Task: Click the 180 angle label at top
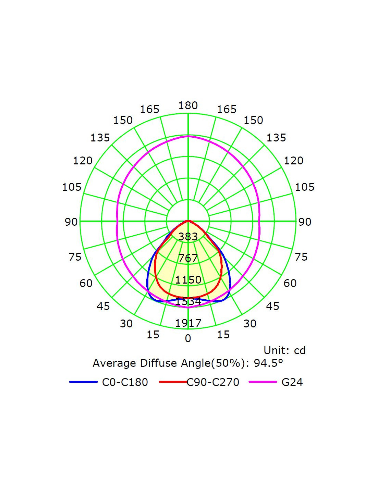188,105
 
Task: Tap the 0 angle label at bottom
188,338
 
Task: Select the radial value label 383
188,236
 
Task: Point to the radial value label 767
188,258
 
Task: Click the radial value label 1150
188,280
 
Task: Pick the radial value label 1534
188,301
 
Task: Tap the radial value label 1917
188,323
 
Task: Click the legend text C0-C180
125,382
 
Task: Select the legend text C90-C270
213,382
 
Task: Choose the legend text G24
292,382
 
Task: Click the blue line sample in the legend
83,382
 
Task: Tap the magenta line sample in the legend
263,382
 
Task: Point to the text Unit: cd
284,350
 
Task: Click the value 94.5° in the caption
268,363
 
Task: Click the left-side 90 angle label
71,222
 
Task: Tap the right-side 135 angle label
276,138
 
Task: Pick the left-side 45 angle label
104,306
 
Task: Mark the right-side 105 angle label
305,187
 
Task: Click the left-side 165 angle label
149,109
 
